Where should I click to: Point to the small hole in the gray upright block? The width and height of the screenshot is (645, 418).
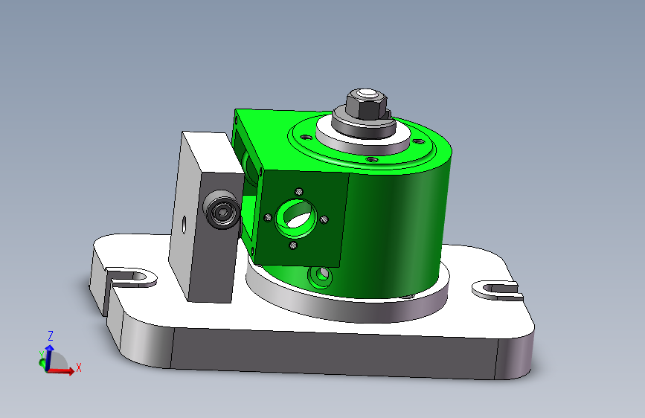click(x=184, y=223)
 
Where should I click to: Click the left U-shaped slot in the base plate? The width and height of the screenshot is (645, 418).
click(x=131, y=277)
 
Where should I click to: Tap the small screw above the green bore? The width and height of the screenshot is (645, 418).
click(x=299, y=191)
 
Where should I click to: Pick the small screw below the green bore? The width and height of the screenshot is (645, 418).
click(x=293, y=245)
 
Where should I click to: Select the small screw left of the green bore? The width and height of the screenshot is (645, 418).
click(x=268, y=217)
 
